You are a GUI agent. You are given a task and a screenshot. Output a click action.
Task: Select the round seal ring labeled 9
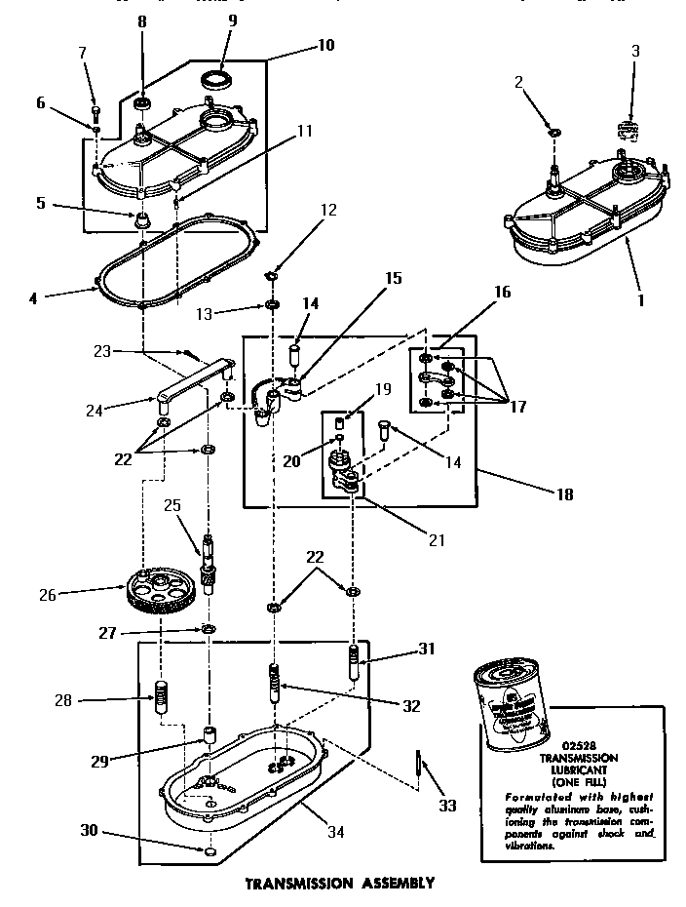(x=216, y=77)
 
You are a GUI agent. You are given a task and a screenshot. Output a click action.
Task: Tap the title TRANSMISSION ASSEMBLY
(x=338, y=884)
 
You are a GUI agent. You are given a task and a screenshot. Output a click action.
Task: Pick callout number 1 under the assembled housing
(x=640, y=300)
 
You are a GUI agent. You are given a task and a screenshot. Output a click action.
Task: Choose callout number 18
(x=564, y=494)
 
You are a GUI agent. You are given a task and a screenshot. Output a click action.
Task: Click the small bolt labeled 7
(x=95, y=107)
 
